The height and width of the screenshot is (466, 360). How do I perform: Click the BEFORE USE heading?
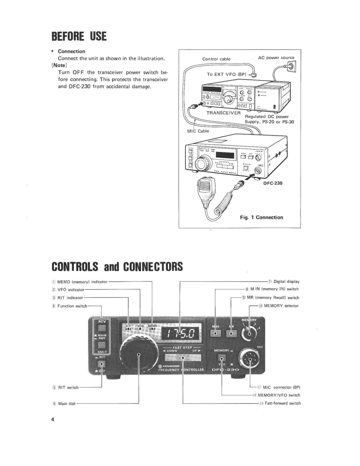pyautogui.click(x=79, y=37)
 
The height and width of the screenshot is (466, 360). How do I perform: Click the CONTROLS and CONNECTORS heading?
pyautogui.click(x=117, y=266)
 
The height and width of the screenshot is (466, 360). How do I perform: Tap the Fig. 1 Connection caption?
pyautogui.click(x=261, y=217)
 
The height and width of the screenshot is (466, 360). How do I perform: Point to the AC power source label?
pyautogui.click(x=276, y=58)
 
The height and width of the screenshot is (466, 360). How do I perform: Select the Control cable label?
pyautogui.click(x=216, y=59)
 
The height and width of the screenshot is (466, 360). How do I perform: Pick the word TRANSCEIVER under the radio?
pyautogui.click(x=223, y=112)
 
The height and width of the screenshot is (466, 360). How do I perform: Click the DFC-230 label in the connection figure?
pyautogui.click(x=273, y=182)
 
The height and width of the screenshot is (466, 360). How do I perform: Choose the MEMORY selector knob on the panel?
pyautogui.click(x=249, y=331)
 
